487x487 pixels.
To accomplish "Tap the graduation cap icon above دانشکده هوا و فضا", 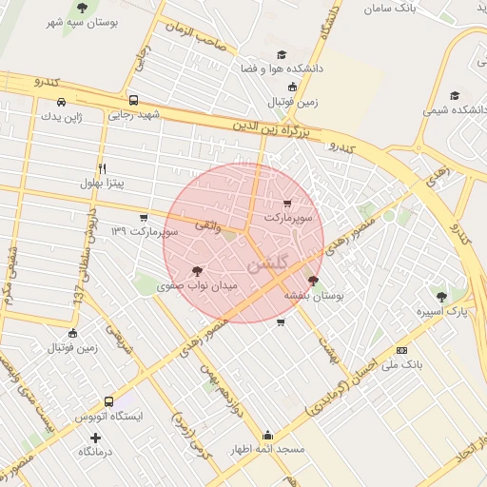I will pyautogui.click(x=281, y=56).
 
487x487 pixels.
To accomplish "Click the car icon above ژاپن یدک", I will pyautogui.click(x=61, y=102).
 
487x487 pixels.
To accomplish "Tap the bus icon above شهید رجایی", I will pyautogui.click(x=133, y=100).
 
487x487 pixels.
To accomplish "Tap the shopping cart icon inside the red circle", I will pyautogui.click(x=288, y=203).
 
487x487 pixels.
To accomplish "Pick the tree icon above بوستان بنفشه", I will pyautogui.click(x=314, y=281).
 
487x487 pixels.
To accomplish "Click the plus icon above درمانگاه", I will pyautogui.click(x=94, y=438).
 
